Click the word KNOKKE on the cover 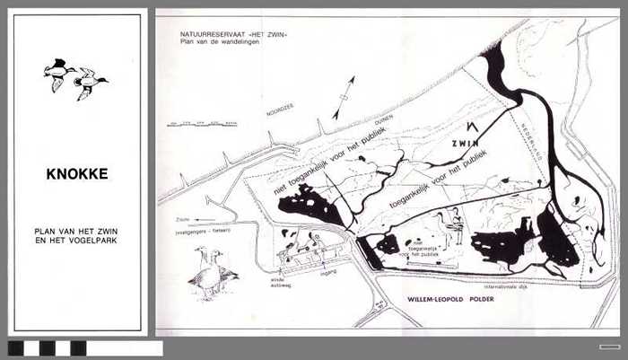[x=77, y=174]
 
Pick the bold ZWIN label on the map [x=466, y=142]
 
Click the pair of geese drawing [x=212, y=270]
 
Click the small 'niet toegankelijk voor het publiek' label [x=414, y=249]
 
